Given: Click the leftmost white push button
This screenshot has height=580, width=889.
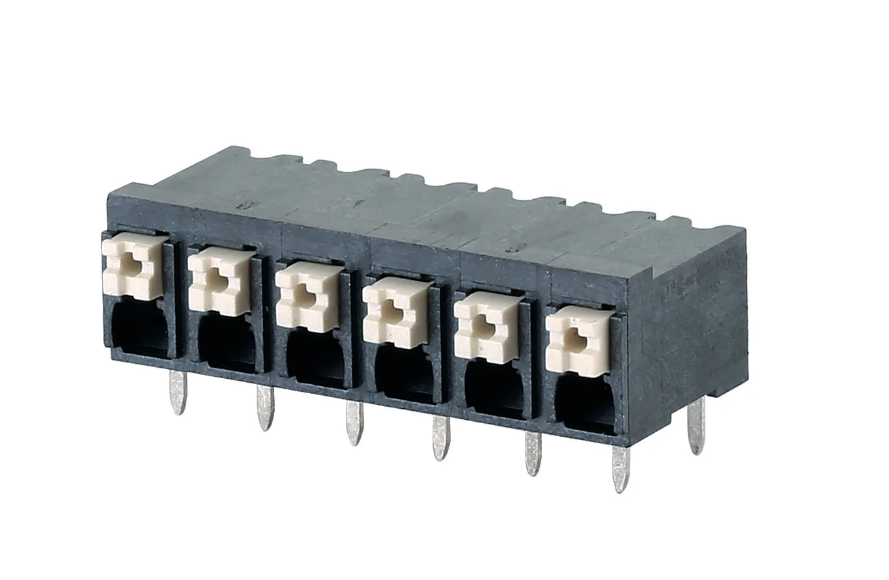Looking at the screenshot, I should click(x=134, y=266).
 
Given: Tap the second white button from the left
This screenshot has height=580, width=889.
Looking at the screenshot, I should click(x=221, y=282).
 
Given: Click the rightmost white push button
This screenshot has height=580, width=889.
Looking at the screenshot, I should click(x=577, y=342).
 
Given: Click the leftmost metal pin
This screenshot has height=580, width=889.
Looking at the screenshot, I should click(x=177, y=393).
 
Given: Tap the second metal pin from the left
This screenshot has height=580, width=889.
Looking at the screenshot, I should click(x=264, y=407).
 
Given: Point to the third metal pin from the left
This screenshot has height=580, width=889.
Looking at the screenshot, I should click(x=354, y=423).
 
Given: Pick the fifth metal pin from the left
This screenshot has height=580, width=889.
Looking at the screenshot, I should click(x=532, y=453).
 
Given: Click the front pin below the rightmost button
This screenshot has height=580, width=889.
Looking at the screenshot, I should click(x=621, y=469).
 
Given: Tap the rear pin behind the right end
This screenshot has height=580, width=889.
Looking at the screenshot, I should click(x=696, y=426).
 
